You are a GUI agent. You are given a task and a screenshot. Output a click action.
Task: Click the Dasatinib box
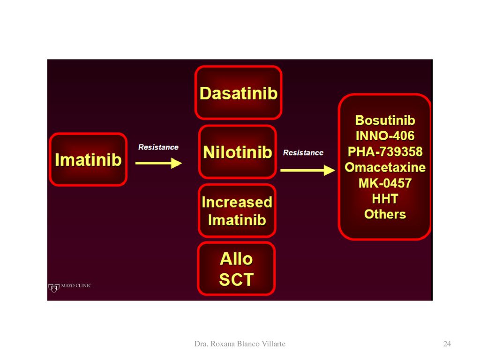click(x=238, y=92)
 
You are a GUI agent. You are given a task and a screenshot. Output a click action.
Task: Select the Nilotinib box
click(x=238, y=152)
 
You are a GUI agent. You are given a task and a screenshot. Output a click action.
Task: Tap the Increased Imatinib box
click(x=237, y=210)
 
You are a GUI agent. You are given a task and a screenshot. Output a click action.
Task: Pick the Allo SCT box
click(x=236, y=269)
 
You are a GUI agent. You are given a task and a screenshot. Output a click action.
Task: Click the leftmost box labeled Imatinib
click(x=88, y=159)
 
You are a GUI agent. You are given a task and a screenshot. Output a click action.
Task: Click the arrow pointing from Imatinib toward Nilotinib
click(x=158, y=163)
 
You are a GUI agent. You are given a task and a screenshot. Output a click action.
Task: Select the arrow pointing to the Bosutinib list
click(x=307, y=170)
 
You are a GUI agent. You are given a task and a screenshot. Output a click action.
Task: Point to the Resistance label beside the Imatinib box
click(x=158, y=147)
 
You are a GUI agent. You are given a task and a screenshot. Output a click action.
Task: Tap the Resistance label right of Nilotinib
click(x=303, y=153)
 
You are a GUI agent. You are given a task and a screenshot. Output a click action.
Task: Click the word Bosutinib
click(x=385, y=120)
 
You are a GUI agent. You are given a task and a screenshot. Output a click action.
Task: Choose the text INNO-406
click(x=385, y=136)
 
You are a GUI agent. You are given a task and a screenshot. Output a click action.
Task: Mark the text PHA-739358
click(x=385, y=151)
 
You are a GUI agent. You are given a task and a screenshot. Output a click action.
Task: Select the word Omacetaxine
click(x=385, y=167)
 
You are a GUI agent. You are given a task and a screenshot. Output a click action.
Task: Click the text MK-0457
click(x=385, y=183)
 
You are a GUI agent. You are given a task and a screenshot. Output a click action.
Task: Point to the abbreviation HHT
click(x=385, y=199)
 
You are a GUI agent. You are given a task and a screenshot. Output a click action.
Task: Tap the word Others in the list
click(x=385, y=214)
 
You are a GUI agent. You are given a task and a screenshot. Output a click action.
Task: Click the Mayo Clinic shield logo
click(x=53, y=288)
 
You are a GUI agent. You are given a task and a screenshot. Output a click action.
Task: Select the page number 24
click(x=447, y=344)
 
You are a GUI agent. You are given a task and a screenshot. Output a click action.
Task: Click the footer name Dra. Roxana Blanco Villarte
click(x=240, y=344)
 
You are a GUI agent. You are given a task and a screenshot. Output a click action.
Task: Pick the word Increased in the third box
click(x=237, y=202)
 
